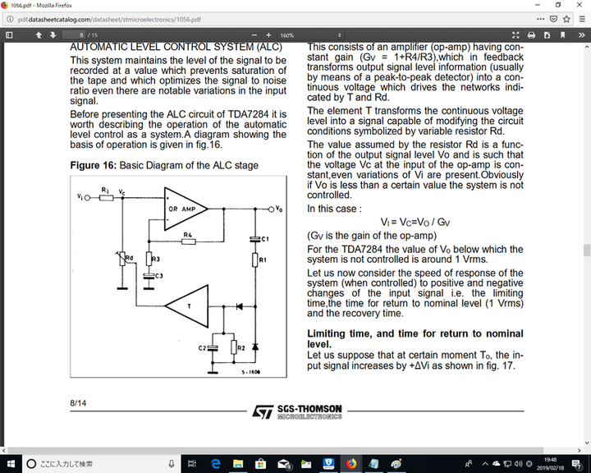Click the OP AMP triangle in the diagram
186,210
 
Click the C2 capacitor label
202,348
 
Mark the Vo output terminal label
282,209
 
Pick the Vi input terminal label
79,197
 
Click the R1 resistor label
263,259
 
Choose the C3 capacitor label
159,275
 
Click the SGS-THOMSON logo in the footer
295,410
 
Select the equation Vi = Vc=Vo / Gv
415,222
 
